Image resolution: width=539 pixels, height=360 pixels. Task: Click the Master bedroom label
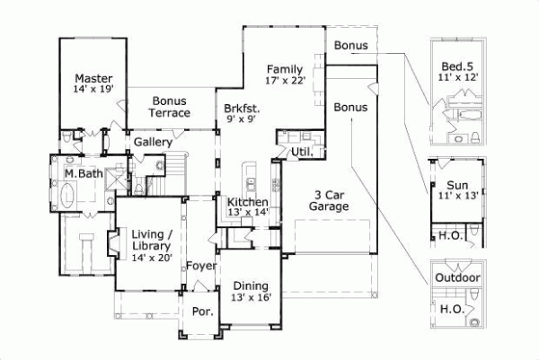tap(93, 78)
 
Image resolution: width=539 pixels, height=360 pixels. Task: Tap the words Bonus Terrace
tap(169, 107)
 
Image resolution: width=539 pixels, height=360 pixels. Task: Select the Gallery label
tap(154, 143)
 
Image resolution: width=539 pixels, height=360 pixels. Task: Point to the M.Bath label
tap(82, 173)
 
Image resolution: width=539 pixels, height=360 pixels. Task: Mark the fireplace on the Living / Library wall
tap(111, 244)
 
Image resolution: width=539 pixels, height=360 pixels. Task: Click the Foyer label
tap(200, 267)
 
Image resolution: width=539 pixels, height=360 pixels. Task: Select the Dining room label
tap(251, 286)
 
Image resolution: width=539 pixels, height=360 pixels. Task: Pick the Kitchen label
tap(246, 202)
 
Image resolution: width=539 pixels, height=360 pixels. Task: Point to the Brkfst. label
tap(243, 108)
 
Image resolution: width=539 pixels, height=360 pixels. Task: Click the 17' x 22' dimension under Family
tap(286, 80)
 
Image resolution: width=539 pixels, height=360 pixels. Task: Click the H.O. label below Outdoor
tap(451, 308)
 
